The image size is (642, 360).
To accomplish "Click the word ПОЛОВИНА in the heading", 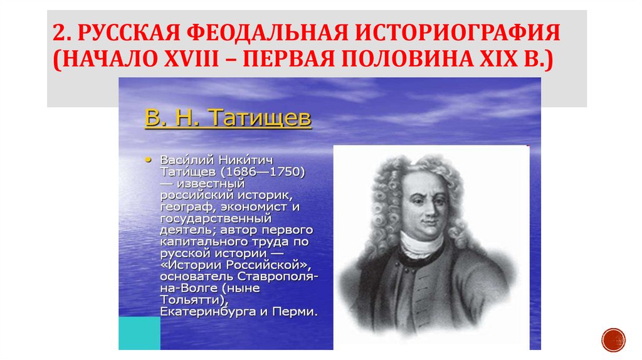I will click(388, 63).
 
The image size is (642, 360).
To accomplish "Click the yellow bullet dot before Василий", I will click(148, 159).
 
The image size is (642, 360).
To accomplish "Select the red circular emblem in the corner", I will click(613, 339).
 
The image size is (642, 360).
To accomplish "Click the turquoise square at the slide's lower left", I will click(139, 333).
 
